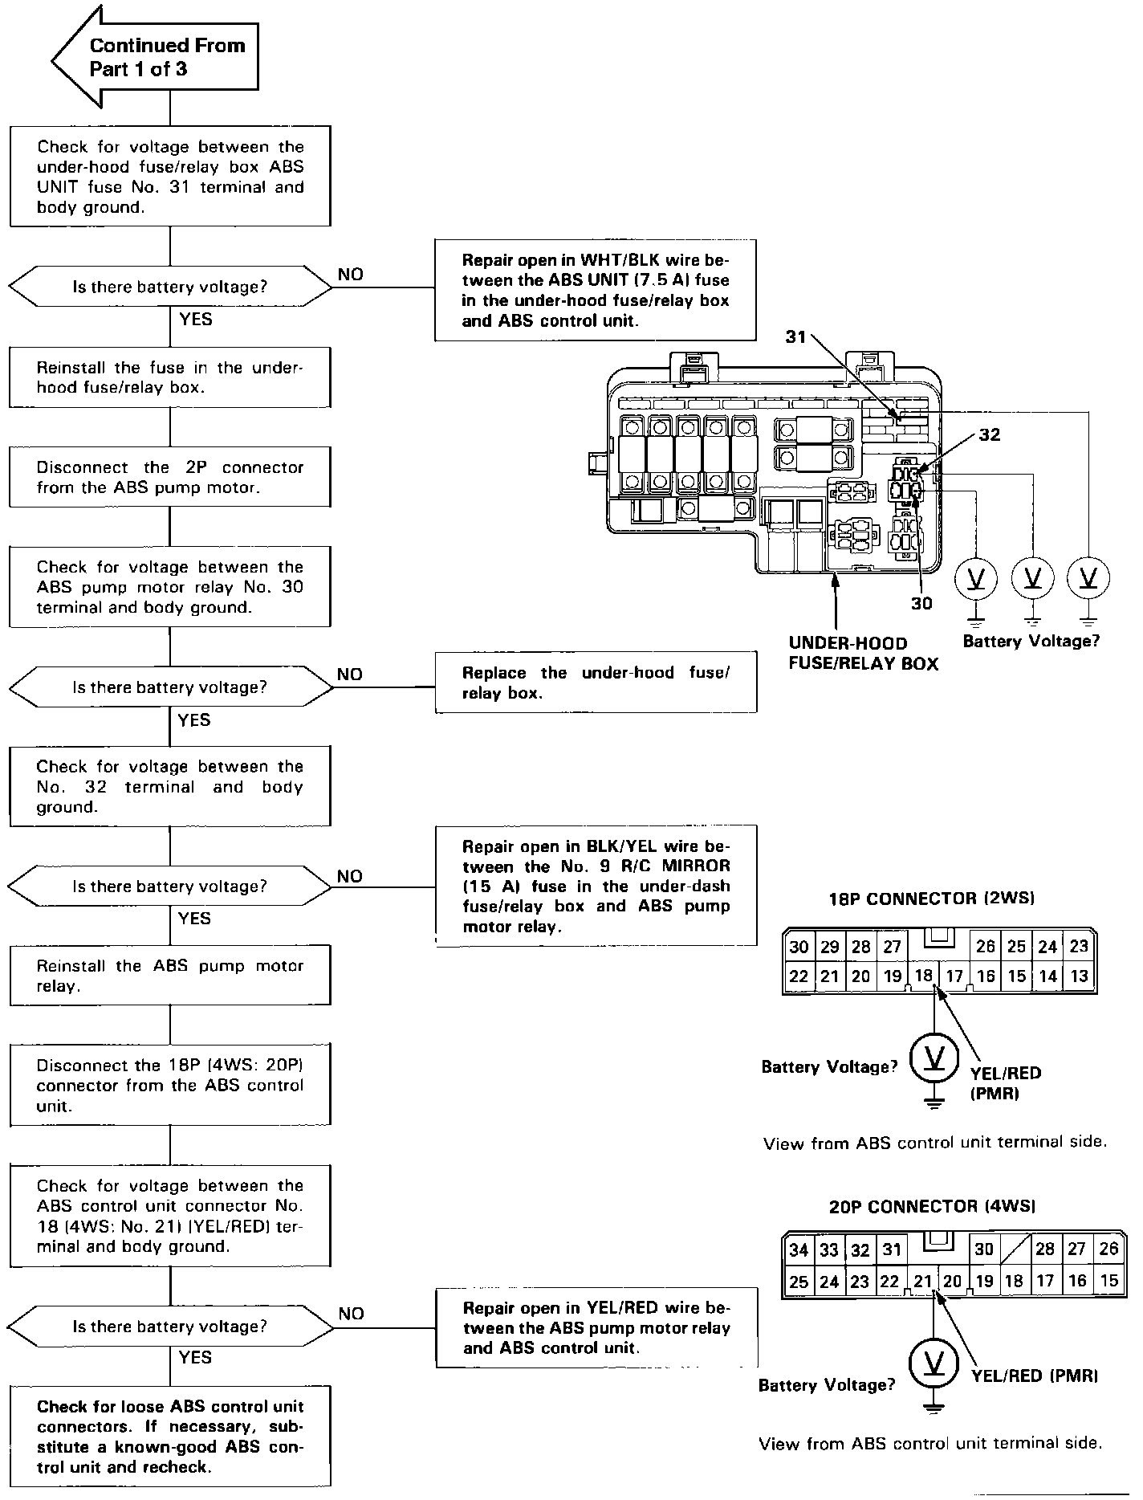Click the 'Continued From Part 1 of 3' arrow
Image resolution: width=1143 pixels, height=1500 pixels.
(161, 57)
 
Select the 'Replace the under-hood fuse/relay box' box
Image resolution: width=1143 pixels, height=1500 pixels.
(596, 683)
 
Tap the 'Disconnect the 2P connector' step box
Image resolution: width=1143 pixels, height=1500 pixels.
(170, 477)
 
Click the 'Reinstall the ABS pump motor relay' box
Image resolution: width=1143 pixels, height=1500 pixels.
(170, 976)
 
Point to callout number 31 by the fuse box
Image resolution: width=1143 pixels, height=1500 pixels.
(795, 337)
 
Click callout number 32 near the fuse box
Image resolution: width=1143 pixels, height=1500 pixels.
(990, 434)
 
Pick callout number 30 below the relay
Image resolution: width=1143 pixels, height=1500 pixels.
(921, 603)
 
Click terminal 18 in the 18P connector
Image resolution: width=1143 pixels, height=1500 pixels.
(923, 976)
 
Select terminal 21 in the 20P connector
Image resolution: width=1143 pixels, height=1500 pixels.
(922, 1282)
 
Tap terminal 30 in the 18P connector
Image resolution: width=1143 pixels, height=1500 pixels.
(799, 947)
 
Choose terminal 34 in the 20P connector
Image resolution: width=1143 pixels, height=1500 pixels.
(798, 1250)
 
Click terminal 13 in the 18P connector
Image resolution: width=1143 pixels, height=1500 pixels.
(1079, 976)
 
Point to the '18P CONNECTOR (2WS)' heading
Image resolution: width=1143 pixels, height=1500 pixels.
(931, 899)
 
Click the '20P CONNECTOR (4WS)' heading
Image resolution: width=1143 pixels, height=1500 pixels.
(931, 1206)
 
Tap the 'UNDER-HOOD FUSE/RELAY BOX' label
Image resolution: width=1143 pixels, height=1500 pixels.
(863, 654)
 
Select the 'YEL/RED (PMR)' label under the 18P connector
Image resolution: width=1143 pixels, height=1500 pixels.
(1005, 1082)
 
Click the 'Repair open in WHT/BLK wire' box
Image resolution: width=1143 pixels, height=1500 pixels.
(596, 290)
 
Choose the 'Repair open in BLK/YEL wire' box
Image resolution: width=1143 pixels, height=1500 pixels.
(596, 886)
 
